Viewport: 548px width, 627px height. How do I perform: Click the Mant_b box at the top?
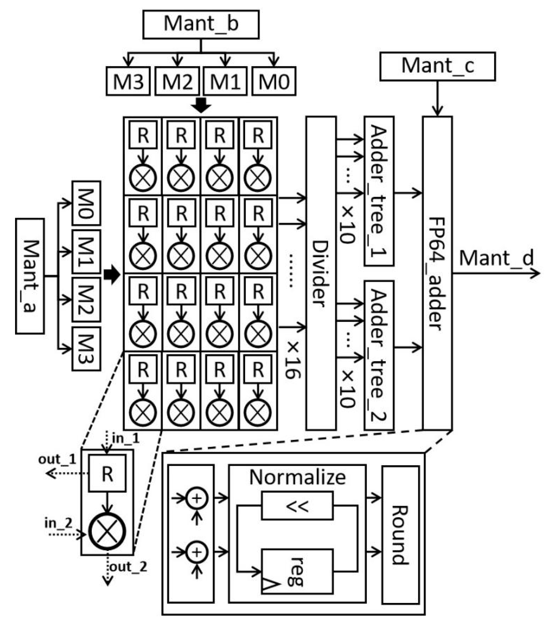pyautogui.click(x=201, y=24)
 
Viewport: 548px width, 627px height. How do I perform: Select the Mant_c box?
pyautogui.click(x=437, y=66)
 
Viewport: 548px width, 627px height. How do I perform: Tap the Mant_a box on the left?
pyautogui.click(x=30, y=276)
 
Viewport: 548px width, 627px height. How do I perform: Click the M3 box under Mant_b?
pyautogui.click(x=128, y=81)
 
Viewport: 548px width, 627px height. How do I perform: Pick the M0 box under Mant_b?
pyautogui.click(x=274, y=81)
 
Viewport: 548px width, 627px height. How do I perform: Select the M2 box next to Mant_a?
pyautogui.click(x=86, y=300)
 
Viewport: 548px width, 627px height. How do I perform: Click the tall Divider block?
pyautogui.click(x=321, y=273)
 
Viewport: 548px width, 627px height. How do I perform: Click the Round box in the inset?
pyautogui.click(x=400, y=535)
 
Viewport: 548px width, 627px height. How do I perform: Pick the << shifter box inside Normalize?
pyautogui.click(x=297, y=506)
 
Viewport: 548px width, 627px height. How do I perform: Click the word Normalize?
pyautogui.click(x=297, y=477)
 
